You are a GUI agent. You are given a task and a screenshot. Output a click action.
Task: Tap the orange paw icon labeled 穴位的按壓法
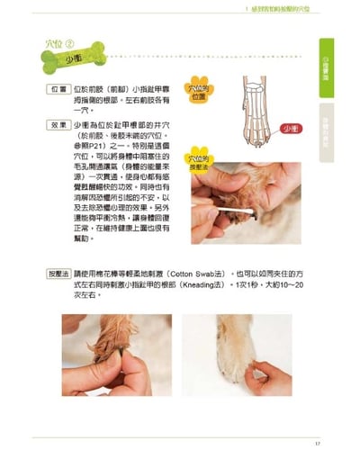200,166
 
